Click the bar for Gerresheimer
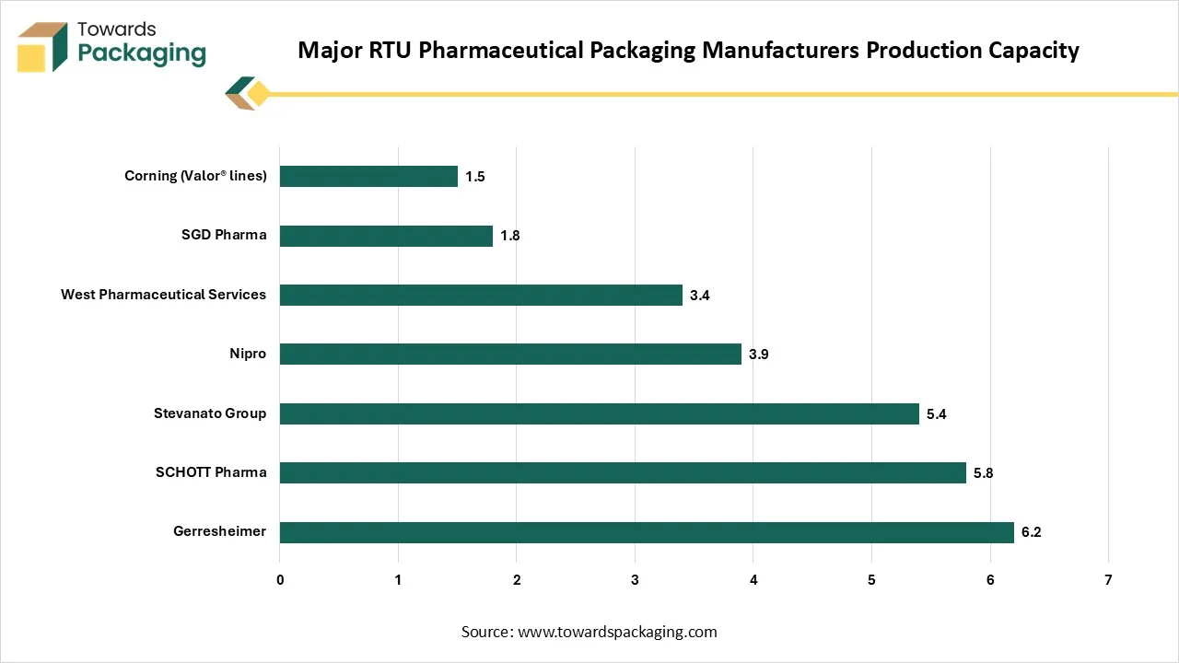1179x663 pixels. (x=647, y=532)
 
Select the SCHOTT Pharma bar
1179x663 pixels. (x=623, y=473)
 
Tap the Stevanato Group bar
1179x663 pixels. (x=599, y=413)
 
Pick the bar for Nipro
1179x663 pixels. (x=510, y=354)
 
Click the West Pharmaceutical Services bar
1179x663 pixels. (x=481, y=295)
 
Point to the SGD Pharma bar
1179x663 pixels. (x=386, y=236)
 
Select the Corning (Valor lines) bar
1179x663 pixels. (x=368, y=176)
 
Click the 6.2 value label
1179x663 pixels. (x=1031, y=532)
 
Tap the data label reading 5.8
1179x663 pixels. (x=983, y=473)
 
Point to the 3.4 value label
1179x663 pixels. (x=700, y=296)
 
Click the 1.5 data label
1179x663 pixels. (x=474, y=177)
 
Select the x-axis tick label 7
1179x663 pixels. (x=1108, y=580)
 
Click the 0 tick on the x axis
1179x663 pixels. (x=280, y=580)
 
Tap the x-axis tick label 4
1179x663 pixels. (x=753, y=580)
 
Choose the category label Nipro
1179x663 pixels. (x=248, y=354)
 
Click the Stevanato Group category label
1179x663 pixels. (x=210, y=413)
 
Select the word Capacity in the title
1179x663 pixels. (x=1030, y=50)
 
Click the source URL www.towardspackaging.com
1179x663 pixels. (x=617, y=632)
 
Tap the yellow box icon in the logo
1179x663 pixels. (x=32, y=56)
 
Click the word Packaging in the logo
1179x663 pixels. (x=142, y=53)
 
